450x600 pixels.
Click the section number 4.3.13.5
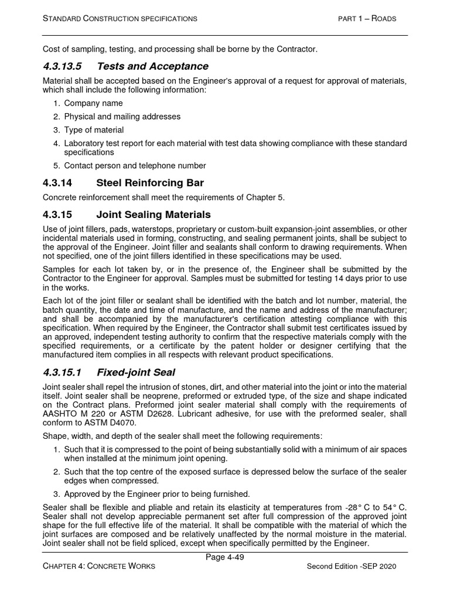(64, 66)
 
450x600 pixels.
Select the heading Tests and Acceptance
(152, 66)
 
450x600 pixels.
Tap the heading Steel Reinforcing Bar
(150, 183)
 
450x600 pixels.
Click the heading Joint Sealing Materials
(153, 214)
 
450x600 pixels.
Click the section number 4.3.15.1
(62, 372)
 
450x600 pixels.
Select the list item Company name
(93, 103)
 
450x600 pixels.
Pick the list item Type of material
(94, 129)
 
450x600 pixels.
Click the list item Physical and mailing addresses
(122, 117)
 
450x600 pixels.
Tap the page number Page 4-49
(224, 557)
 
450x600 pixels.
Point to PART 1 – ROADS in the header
(367, 19)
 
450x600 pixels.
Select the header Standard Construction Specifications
(120, 19)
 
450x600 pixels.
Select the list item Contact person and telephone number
(135, 166)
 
